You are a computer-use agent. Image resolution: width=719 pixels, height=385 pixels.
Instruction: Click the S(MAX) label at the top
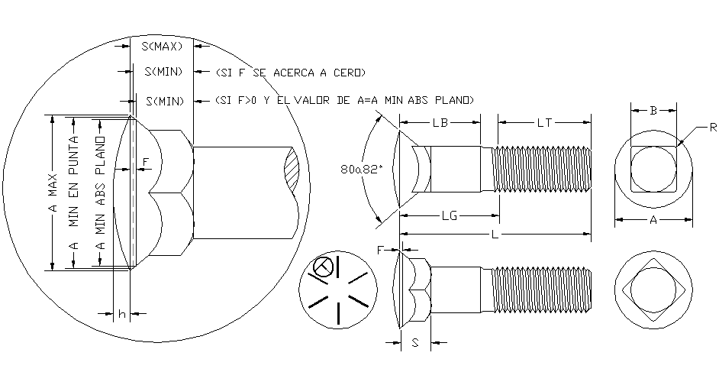click(x=162, y=47)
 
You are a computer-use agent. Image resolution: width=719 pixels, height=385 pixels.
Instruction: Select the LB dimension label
click(x=440, y=122)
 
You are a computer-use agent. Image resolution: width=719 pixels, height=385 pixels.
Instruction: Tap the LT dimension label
click(x=545, y=122)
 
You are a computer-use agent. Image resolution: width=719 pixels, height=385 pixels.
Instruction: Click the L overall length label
click(x=495, y=235)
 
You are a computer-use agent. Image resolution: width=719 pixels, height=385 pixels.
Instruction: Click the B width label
click(x=653, y=111)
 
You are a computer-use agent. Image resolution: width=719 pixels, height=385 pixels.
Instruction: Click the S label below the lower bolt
click(x=414, y=343)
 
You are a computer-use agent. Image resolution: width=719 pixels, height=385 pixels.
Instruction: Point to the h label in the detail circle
click(x=121, y=313)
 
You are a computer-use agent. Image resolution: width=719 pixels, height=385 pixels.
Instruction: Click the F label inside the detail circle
click(x=147, y=162)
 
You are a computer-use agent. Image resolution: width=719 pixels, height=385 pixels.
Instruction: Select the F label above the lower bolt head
click(x=381, y=249)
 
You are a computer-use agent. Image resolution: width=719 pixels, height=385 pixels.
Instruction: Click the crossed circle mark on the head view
click(x=323, y=268)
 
